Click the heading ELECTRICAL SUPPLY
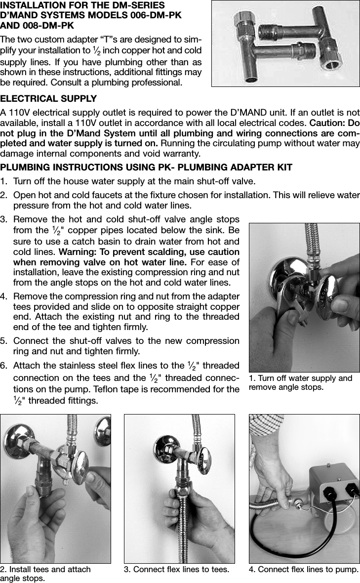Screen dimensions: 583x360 [48, 99]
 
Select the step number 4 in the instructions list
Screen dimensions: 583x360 [4, 296]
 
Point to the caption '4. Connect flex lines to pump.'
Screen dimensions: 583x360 [304, 569]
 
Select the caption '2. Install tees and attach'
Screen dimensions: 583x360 [45, 569]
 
